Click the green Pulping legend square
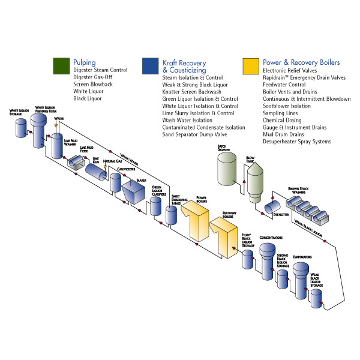tap(61, 65)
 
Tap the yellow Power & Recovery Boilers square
tap(251, 65)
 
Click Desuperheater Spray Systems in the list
tap(297, 142)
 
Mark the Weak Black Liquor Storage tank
tap(316, 296)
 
